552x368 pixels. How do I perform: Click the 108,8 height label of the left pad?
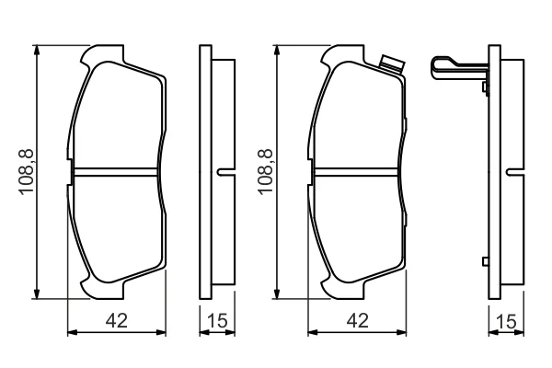(27, 171)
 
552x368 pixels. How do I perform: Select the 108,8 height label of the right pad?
(266, 171)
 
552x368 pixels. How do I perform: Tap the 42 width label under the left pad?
(117, 320)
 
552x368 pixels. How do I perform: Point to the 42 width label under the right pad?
(357, 320)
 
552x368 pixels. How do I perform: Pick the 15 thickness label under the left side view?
(217, 320)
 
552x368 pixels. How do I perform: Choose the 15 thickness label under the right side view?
(506, 321)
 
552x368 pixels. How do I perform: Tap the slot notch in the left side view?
(225, 172)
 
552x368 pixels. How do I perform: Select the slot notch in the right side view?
(515, 172)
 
